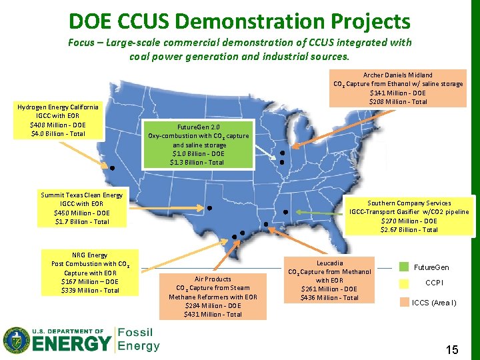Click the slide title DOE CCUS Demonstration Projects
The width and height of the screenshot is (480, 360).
[x=239, y=21]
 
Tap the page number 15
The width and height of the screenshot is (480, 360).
[x=451, y=349]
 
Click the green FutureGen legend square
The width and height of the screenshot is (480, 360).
[x=404, y=267]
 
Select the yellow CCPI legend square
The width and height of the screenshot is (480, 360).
[x=404, y=283]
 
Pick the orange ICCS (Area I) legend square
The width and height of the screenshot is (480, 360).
[x=404, y=301]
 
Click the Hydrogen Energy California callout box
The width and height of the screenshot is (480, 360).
[x=58, y=120]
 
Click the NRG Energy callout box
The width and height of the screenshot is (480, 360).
[x=89, y=272]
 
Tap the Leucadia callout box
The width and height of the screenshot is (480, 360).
[x=329, y=280]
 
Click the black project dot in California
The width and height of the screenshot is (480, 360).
[x=113, y=168]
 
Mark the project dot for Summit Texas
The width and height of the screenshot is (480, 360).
[x=209, y=208]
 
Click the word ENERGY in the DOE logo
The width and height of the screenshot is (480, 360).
[x=71, y=343]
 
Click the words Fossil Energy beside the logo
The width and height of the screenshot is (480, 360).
[x=139, y=339]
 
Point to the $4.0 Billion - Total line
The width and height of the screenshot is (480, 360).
[x=58, y=133]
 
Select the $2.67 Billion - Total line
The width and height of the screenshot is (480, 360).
[x=409, y=229]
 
